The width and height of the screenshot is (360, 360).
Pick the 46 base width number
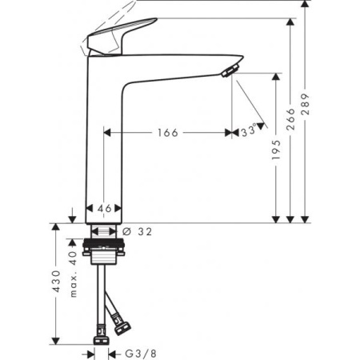[103, 208]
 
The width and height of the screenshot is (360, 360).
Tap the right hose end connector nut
[122, 327]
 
